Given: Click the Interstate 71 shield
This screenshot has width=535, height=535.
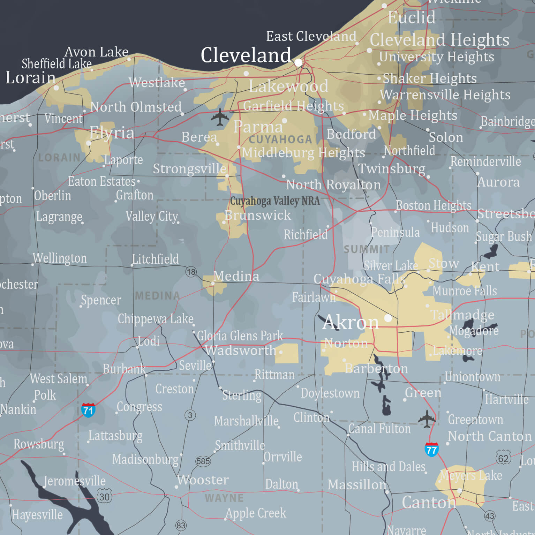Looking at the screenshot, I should pyautogui.click(x=88, y=410).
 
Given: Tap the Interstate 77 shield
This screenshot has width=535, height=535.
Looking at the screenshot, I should pyautogui.click(x=431, y=450).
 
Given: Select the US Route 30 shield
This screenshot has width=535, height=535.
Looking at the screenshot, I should pyautogui.click(x=104, y=497).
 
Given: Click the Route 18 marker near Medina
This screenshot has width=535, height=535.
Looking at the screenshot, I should pyautogui.click(x=191, y=272).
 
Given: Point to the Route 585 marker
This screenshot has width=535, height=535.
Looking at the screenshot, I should pyautogui.click(x=203, y=461).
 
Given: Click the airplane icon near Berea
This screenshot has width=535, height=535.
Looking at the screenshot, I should pyautogui.click(x=220, y=117).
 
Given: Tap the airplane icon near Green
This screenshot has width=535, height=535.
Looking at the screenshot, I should pyautogui.click(x=427, y=419).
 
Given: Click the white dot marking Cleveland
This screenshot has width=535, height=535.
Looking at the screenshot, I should pyautogui.click(x=299, y=62).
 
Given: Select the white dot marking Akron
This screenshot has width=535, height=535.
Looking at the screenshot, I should pyautogui.click(x=388, y=318).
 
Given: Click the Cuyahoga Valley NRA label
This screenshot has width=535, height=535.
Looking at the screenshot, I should pyautogui.click(x=275, y=201).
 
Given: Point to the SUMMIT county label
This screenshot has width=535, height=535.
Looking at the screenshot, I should pyautogui.click(x=366, y=249).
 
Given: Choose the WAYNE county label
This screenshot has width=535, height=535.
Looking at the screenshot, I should pyautogui.click(x=224, y=498).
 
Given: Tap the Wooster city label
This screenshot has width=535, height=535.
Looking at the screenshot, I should pyautogui.click(x=203, y=480).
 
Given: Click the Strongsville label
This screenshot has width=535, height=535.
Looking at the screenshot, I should pyautogui.click(x=189, y=169).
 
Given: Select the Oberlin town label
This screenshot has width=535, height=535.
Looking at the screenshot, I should pyautogui.click(x=53, y=196).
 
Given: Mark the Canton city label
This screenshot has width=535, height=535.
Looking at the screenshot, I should pyautogui.click(x=429, y=502).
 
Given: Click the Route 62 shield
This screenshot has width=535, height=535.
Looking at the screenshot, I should pyautogui.click(x=503, y=458).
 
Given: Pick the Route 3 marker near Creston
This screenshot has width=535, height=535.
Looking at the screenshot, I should pyautogui.click(x=190, y=415).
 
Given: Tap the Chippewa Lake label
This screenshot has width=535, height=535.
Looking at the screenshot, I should pyautogui.click(x=156, y=319).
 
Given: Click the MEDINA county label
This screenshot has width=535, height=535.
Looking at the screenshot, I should pyautogui.click(x=157, y=296).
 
